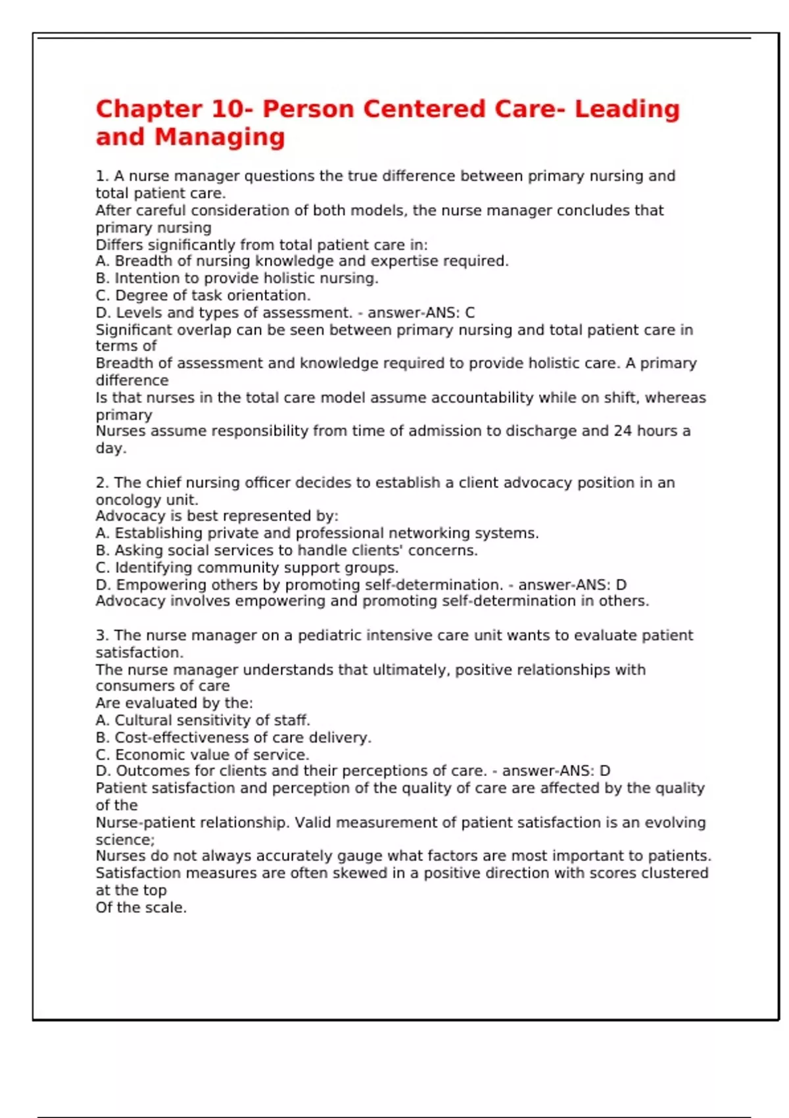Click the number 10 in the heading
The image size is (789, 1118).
click(x=227, y=109)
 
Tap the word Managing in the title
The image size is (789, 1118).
click(x=220, y=137)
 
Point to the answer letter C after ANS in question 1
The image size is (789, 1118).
click(x=469, y=313)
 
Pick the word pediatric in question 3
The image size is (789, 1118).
click(x=329, y=635)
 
